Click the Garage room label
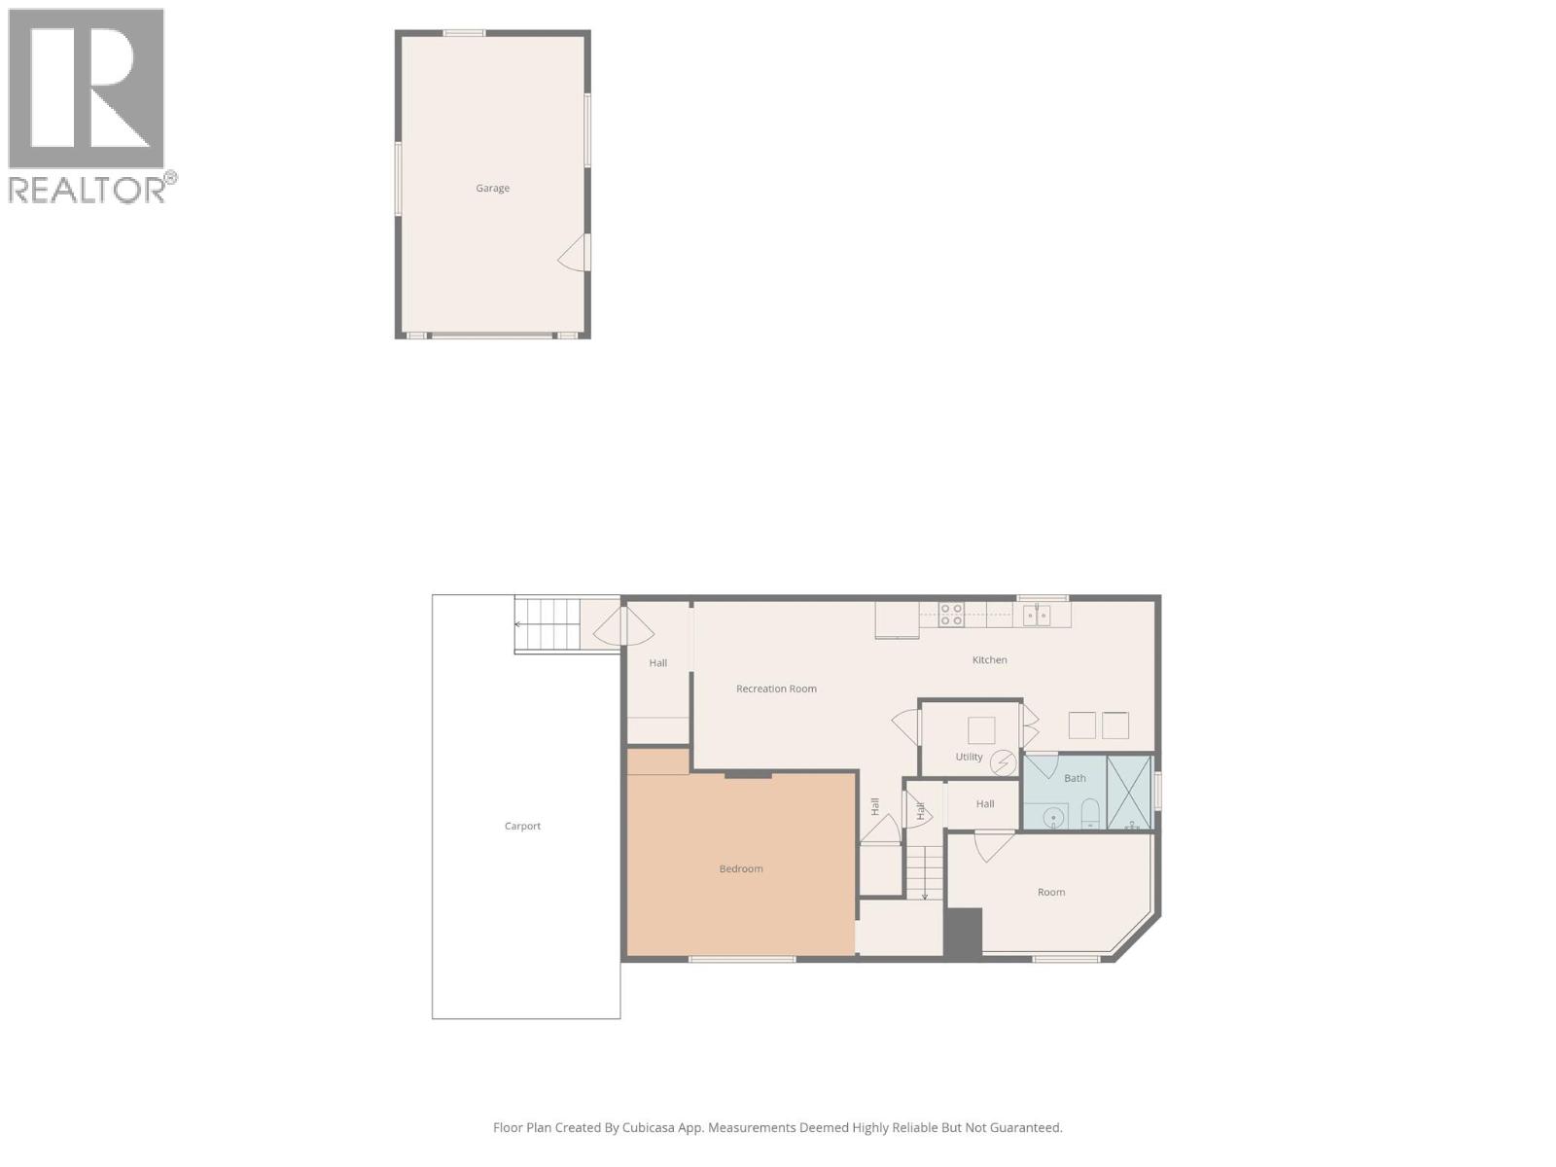(x=492, y=189)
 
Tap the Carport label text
(x=522, y=827)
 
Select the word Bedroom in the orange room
(x=741, y=869)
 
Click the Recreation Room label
(x=776, y=690)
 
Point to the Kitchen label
(x=989, y=660)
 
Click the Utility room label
(x=969, y=758)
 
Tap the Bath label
(x=1075, y=779)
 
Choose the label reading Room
(x=1051, y=893)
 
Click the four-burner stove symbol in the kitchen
(x=951, y=615)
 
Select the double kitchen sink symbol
(x=1036, y=615)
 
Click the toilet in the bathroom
(x=1090, y=813)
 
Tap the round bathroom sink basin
(x=1054, y=819)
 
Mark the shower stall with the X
(x=1129, y=793)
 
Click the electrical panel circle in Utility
(x=1003, y=763)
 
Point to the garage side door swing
(x=576, y=254)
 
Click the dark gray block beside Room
(x=963, y=933)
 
